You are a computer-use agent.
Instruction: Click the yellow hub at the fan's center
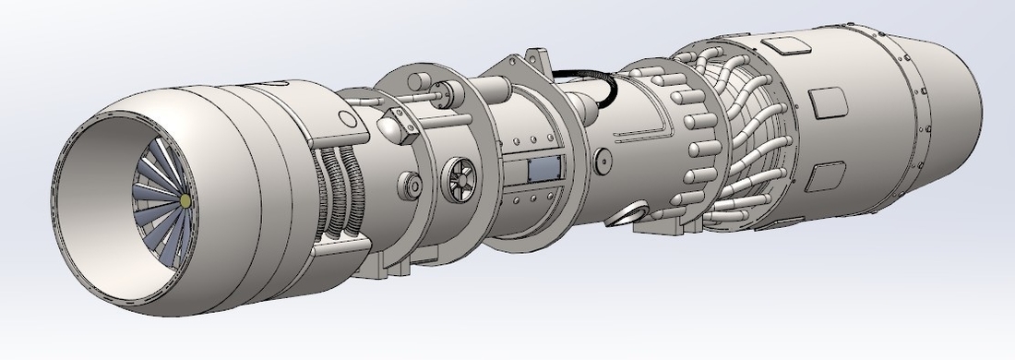click(186, 199)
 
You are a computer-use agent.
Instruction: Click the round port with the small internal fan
click(458, 179)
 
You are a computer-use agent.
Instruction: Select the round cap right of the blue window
click(603, 162)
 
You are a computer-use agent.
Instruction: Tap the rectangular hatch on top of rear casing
click(784, 44)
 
